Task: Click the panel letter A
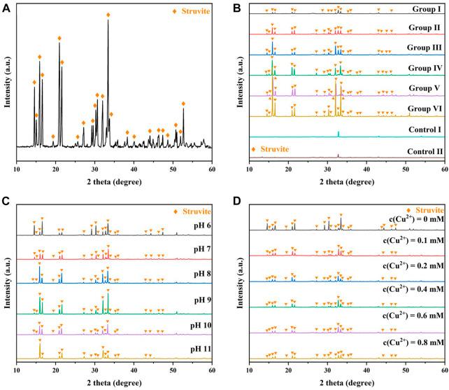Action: click(x=8, y=7)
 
